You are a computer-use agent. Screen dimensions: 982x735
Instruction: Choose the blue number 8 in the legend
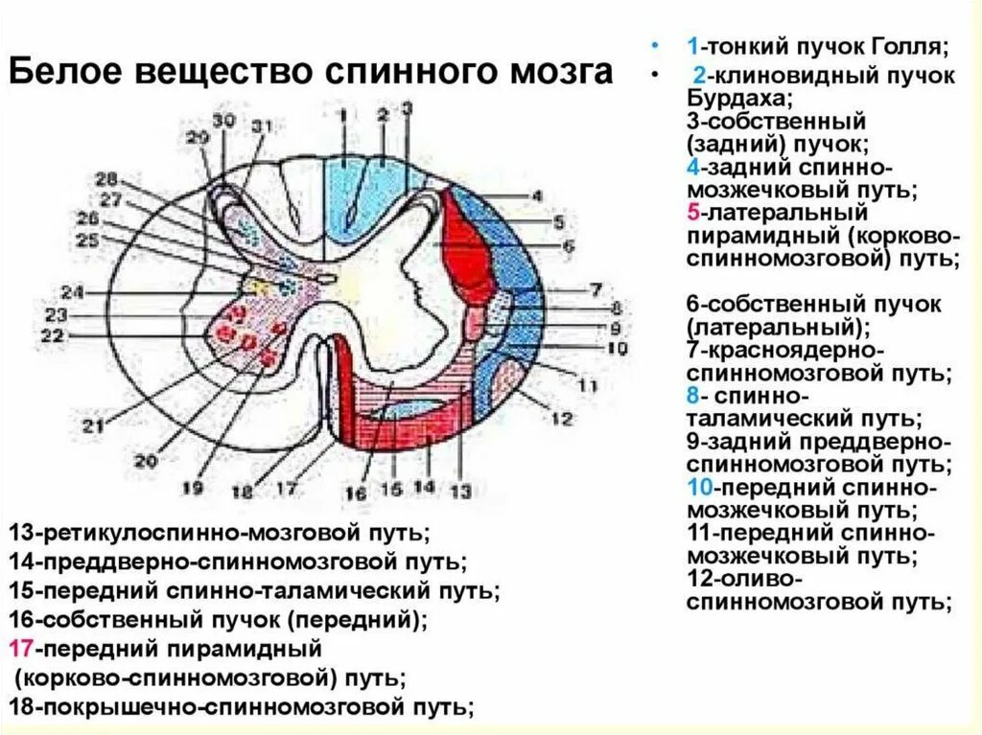[691, 396]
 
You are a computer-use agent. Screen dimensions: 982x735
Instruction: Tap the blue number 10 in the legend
[697, 488]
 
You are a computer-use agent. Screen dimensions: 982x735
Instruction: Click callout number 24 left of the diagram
[72, 292]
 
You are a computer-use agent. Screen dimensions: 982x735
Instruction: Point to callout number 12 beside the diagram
[561, 417]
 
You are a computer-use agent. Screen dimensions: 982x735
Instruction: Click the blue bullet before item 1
[655, 46]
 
